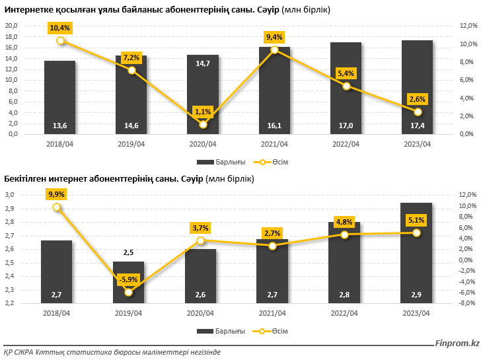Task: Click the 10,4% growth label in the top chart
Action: coord(60,28)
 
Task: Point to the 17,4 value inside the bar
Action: coord(417,126)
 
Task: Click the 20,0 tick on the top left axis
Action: coord(11,26)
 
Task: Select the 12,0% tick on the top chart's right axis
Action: coord(467,26)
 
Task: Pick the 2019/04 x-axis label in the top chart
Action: coord(131,144)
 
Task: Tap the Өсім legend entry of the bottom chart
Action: coord(280,330)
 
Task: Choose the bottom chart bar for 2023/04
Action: coord(417,251)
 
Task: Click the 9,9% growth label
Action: coord(56,194)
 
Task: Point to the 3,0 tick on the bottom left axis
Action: coord(11,195)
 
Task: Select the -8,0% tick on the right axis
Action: coord(467,303)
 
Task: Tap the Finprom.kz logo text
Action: coord(457,343)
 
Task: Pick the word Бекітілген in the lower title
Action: coord(27,179)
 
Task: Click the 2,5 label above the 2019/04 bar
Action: coord(129,252)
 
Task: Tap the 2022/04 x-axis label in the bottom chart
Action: coord(346,313)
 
